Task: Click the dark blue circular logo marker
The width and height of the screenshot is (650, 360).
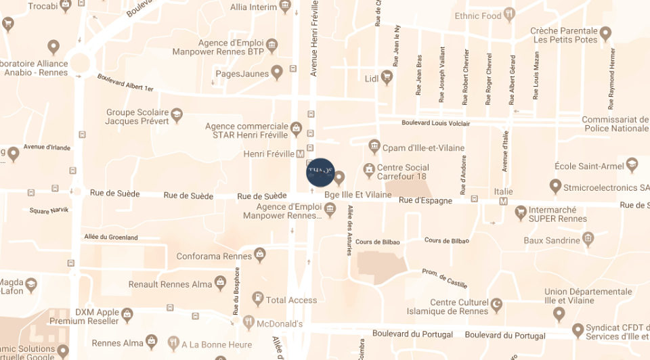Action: pyautogui.click(x=320, y=172)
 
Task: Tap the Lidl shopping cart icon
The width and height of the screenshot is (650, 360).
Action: pyautogui.click(x=387, y=78)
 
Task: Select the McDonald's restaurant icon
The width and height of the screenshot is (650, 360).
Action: pyautogui.click(x=248, y=323)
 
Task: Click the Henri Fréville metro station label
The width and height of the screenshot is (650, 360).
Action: pyautogui.click(x=269, y=154)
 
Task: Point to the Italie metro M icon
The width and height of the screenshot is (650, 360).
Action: pyautogui.click(x=503, y=202)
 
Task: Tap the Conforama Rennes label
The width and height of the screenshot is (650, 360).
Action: pyautogui.click(x=214, y=256)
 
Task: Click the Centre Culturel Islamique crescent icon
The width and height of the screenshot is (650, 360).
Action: pyautogui.click(x=496, y=302)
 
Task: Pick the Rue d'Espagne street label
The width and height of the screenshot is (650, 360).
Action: pyautogui.click(x=425, y=200)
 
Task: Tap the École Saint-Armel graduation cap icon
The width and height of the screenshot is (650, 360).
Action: pyautogui.click(x=632, y=164)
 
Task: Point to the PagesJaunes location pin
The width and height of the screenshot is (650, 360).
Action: pyautogui.click(x=276, y=72)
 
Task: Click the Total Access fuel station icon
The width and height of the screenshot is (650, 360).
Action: pyautogui.click(x=257, y=298)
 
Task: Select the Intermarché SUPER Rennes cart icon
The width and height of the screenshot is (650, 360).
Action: pyautogui.click(x=521, y=213)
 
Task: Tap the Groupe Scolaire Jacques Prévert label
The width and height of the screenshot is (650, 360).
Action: pyautogui.click(x=137, y=117)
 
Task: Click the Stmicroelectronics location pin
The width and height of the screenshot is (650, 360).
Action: pyautogui.click(x=555, y=186)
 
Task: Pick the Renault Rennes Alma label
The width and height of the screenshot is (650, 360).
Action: pyautogui.click(x=170, y=284)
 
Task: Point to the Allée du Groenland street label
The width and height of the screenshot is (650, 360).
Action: pyautogui.click(x=111, y=238)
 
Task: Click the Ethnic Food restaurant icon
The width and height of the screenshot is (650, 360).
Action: pyautogui.click(x=510, y=15)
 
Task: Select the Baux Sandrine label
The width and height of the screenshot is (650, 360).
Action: pyautogui.click(x=552, y=240)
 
